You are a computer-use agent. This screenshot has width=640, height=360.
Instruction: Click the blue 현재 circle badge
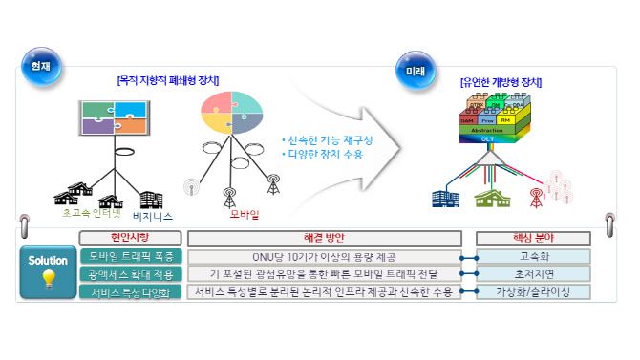click(x=39, y=68)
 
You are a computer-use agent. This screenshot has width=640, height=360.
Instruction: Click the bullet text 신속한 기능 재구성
click(x=328, y=139)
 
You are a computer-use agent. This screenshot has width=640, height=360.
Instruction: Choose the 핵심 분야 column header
click(x=533, y=237)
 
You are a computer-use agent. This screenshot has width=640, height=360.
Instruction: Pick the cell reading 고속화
click(x=533, y=256)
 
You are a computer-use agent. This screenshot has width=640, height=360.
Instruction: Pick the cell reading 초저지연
click(x=533, y=273)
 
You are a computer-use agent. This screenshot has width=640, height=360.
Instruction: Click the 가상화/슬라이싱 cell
click(x=533, y=290)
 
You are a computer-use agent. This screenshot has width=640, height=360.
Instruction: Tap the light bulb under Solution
click(x=48, y=278)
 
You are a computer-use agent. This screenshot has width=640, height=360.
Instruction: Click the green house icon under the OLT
click(x=494, y=197)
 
